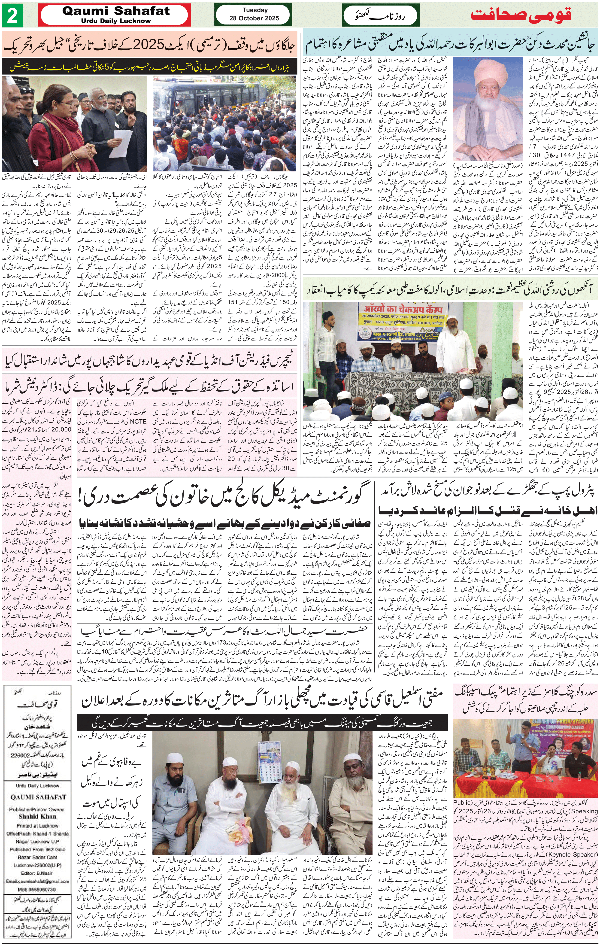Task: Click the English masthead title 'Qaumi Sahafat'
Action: tap(116, 11)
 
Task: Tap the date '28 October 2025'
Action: tap(254, 18)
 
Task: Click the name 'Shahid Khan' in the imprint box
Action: tap(37, 816)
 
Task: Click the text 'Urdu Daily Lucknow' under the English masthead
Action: tap(116, 21)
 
